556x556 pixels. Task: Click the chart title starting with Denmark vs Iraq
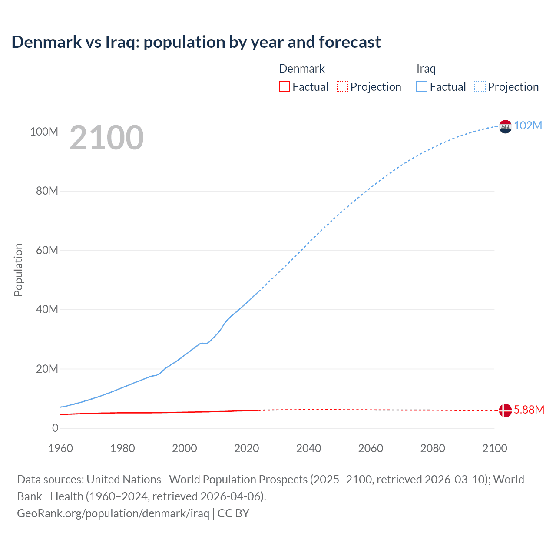click(196, 42)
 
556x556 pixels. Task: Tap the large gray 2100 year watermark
click(106, 138)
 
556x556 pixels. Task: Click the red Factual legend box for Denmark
click(284, 86)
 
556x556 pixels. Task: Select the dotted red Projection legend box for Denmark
click(342, 86)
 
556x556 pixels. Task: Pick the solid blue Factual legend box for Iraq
click(422, 86)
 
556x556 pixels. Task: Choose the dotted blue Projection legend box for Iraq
click(480, 86)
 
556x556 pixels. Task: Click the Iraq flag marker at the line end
click(505, 126)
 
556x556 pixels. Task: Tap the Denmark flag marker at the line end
click(505, 410)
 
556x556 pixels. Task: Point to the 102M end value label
click(528, 126)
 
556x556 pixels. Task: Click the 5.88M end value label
click(529, 410)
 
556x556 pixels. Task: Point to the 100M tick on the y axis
click(44, 132)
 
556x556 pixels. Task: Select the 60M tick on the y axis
click(46, 250)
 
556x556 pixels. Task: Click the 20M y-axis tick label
click(46, 369)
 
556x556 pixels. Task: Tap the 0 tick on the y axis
click(55, 428)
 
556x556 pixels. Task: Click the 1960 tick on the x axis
click(60, 448)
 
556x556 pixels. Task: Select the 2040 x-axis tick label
click(308, 448)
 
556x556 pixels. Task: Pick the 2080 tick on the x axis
click(433, 448)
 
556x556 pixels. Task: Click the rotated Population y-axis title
click(18, 270)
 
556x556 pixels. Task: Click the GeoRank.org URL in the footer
click(113, 513)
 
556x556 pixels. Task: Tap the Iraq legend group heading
click(426, 69)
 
